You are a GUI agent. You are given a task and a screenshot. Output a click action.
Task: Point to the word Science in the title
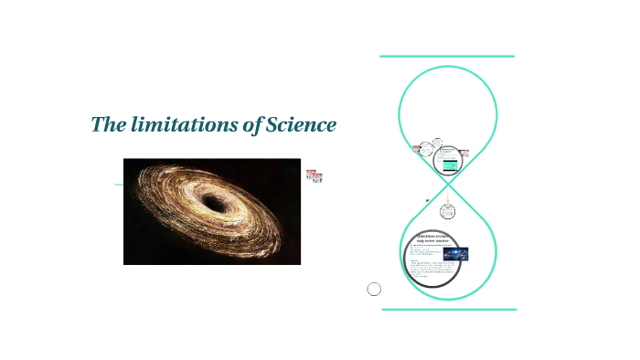(x=301, y=125)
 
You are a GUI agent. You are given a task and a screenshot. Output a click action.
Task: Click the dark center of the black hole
(x=214, y=203)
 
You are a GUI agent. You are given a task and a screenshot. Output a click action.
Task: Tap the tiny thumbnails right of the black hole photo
(x=315, y=175)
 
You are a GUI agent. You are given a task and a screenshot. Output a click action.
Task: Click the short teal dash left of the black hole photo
(x=119, y=185)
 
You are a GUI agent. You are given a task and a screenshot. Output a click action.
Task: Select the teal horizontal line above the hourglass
(x=447, y=57)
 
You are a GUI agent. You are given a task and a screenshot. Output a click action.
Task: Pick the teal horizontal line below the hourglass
(x=448, y=310)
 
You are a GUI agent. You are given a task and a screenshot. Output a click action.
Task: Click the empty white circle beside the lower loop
(x=374, y=290)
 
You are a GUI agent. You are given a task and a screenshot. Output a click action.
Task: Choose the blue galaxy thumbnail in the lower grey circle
(x=455, y=254)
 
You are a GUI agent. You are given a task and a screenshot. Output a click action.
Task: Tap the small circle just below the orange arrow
(x=448, y=211)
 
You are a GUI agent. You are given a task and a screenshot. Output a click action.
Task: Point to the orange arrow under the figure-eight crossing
(x=448, y=197)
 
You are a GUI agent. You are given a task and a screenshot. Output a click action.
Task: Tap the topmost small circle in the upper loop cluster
(x=437, y=143)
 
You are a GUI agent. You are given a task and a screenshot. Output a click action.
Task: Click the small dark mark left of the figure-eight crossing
(x=427, y=200)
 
